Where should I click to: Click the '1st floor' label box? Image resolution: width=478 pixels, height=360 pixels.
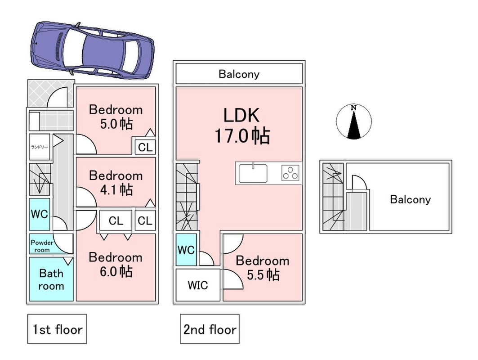(x=57, y=329)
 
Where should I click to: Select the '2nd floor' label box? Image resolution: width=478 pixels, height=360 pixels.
(x=210, y=329)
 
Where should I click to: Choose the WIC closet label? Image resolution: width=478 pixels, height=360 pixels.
(x=198, y=285)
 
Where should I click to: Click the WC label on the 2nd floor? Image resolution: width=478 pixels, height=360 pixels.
(x=186, y=249)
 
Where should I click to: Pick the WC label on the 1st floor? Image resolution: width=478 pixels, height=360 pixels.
(x=40, y=213)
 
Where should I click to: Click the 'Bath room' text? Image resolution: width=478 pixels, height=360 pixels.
(x=51, y=279)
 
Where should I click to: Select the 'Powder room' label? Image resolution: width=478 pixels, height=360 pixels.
(x=42, y=246)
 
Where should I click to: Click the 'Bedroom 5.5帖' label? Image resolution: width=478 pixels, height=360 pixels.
(x=262, y=267)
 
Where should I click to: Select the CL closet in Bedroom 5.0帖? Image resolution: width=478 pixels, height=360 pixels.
(x=145, y=147)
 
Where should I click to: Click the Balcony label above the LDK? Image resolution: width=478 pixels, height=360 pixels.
(x=239, y=74)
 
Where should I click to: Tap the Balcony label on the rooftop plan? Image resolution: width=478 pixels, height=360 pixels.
(x=410, y=199)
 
